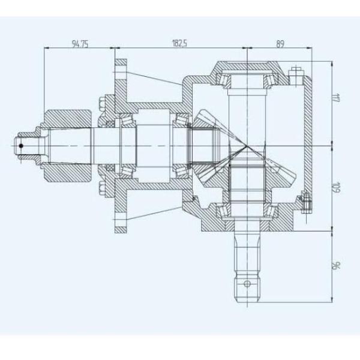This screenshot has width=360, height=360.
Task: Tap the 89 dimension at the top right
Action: coord(280,44)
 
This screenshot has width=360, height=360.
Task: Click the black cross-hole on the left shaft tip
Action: coord(20,145)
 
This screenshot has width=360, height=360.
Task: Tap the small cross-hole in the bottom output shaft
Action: coord(245,281)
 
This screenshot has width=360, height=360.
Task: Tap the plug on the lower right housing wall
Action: coord(305,200)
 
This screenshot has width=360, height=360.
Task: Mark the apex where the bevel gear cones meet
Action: coord(247,145)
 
